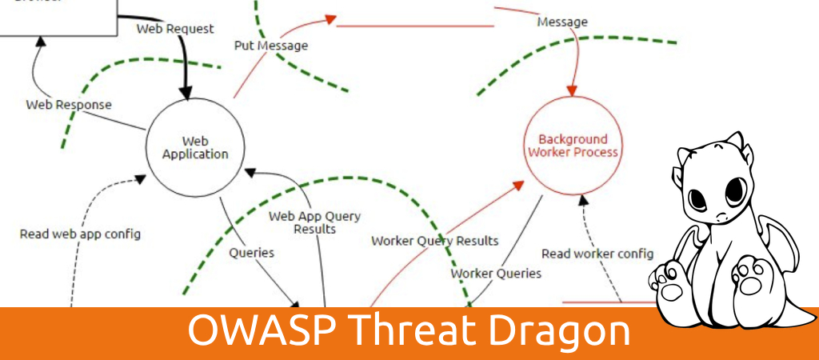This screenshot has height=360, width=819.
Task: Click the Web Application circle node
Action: coord(195,147)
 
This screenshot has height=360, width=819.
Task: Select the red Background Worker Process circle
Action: coord(573,146)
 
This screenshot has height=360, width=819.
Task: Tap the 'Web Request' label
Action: coord(175,29)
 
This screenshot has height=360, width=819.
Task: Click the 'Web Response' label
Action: coord(69,105)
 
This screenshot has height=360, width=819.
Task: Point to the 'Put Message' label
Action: coord(270,46)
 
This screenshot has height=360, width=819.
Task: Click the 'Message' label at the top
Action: coord(561,22)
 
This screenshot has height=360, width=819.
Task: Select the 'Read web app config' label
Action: coord(80,234)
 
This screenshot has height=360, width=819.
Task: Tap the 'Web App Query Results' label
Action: coord(314,222)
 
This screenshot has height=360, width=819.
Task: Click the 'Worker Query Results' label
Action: coord(434,241)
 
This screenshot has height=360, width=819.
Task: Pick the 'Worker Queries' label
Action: coord(496,274)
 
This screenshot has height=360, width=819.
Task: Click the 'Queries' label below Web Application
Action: coord(252,253)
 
